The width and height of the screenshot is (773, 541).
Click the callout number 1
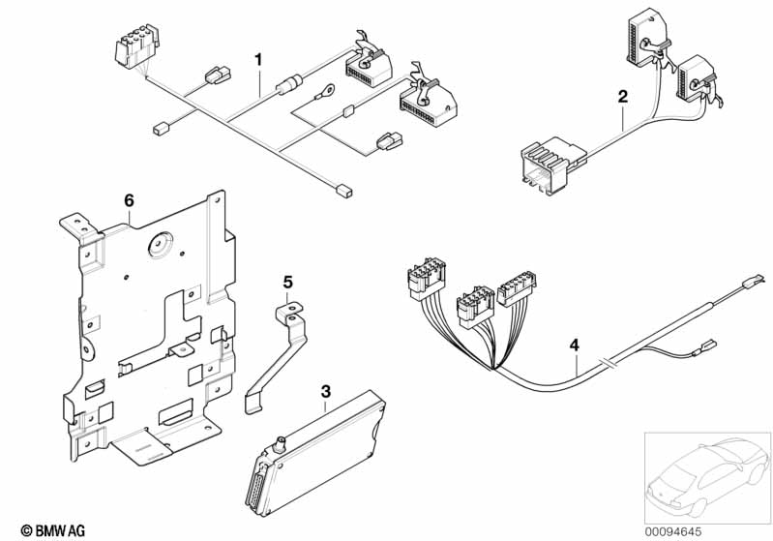click(258, 60)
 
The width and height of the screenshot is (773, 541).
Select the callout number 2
click(623, 96)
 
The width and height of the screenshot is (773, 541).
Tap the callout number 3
click(325, 392)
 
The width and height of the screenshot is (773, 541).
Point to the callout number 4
click(574, 346)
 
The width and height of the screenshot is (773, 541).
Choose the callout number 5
click(288, 283)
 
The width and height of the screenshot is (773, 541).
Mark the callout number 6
click(129, 200)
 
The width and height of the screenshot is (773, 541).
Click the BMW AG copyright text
click(53, 530)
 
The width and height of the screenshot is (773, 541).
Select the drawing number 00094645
click(673, 531)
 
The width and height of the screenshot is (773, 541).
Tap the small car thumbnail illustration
click(707, 478)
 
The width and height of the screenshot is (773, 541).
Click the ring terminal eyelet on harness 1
click(325, 91)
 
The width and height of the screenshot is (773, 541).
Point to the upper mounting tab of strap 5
click(289, 312)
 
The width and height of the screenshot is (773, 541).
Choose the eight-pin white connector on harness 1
click(137, 47)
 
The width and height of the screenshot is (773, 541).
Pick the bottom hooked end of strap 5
click(253, 402)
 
